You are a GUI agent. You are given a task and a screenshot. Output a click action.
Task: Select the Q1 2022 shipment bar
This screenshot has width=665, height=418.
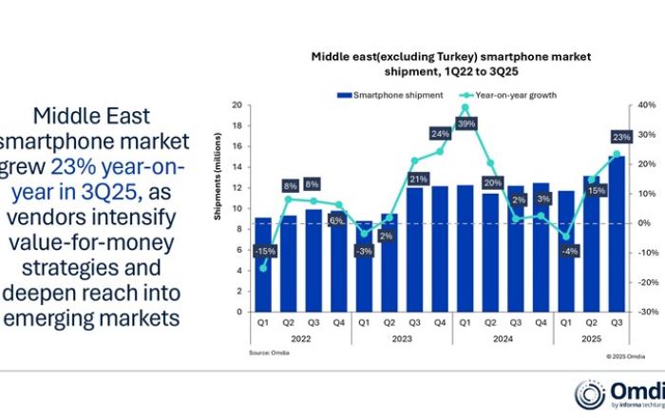point(263,265)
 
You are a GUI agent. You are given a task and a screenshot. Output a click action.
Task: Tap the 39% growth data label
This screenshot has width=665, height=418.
point(466,124)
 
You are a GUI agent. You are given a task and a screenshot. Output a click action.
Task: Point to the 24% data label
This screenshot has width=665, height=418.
point(441,134)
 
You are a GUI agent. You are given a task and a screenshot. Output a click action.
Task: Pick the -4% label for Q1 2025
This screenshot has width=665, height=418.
point(567,251)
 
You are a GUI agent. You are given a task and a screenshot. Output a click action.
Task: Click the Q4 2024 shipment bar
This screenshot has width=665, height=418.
point(541,247)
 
